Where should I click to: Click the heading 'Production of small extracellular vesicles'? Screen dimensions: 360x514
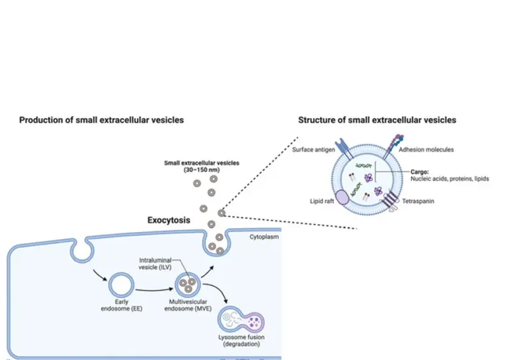[101, 120]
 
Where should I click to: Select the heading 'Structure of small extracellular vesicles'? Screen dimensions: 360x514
[377, 120]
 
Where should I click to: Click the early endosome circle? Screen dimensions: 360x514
[121, 286]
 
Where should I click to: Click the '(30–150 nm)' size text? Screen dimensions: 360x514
[202, 169]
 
